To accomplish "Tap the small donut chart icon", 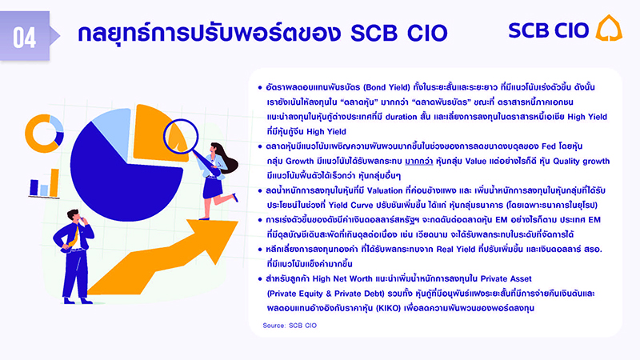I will point(37,131).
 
